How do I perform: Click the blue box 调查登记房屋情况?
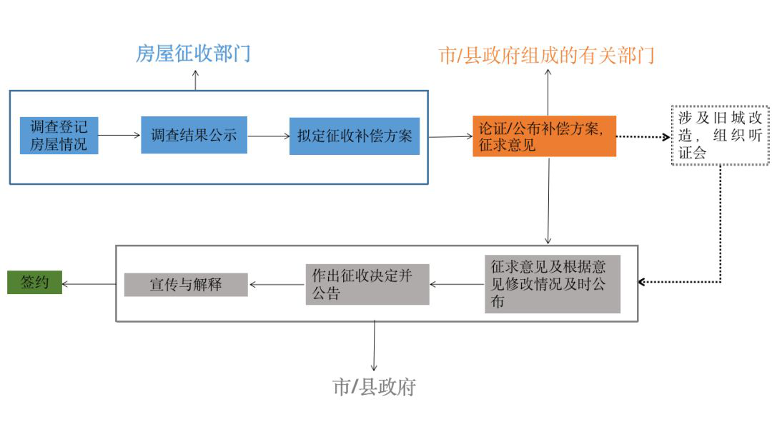point(59,136)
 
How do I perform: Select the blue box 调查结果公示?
point(194,135)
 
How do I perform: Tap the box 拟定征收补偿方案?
point(354,136)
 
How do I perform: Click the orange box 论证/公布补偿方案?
point(544,136)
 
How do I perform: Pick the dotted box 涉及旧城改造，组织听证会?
point(719,134)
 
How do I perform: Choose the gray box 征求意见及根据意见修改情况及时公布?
point(552,283)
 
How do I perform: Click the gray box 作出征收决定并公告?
point(367,284)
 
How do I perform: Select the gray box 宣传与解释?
point(186,285)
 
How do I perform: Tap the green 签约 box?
point(34,283)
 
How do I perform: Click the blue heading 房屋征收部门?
point(193,54)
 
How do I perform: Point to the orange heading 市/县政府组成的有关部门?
point(546,56)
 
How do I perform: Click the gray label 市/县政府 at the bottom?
point(374,387)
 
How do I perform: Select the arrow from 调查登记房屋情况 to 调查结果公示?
point(119,133)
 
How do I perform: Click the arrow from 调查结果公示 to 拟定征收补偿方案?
point(268,136)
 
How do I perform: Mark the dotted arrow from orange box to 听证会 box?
point(643,136)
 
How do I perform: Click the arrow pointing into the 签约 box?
point(89,284)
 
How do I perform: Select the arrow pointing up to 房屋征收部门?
point(195,79)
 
